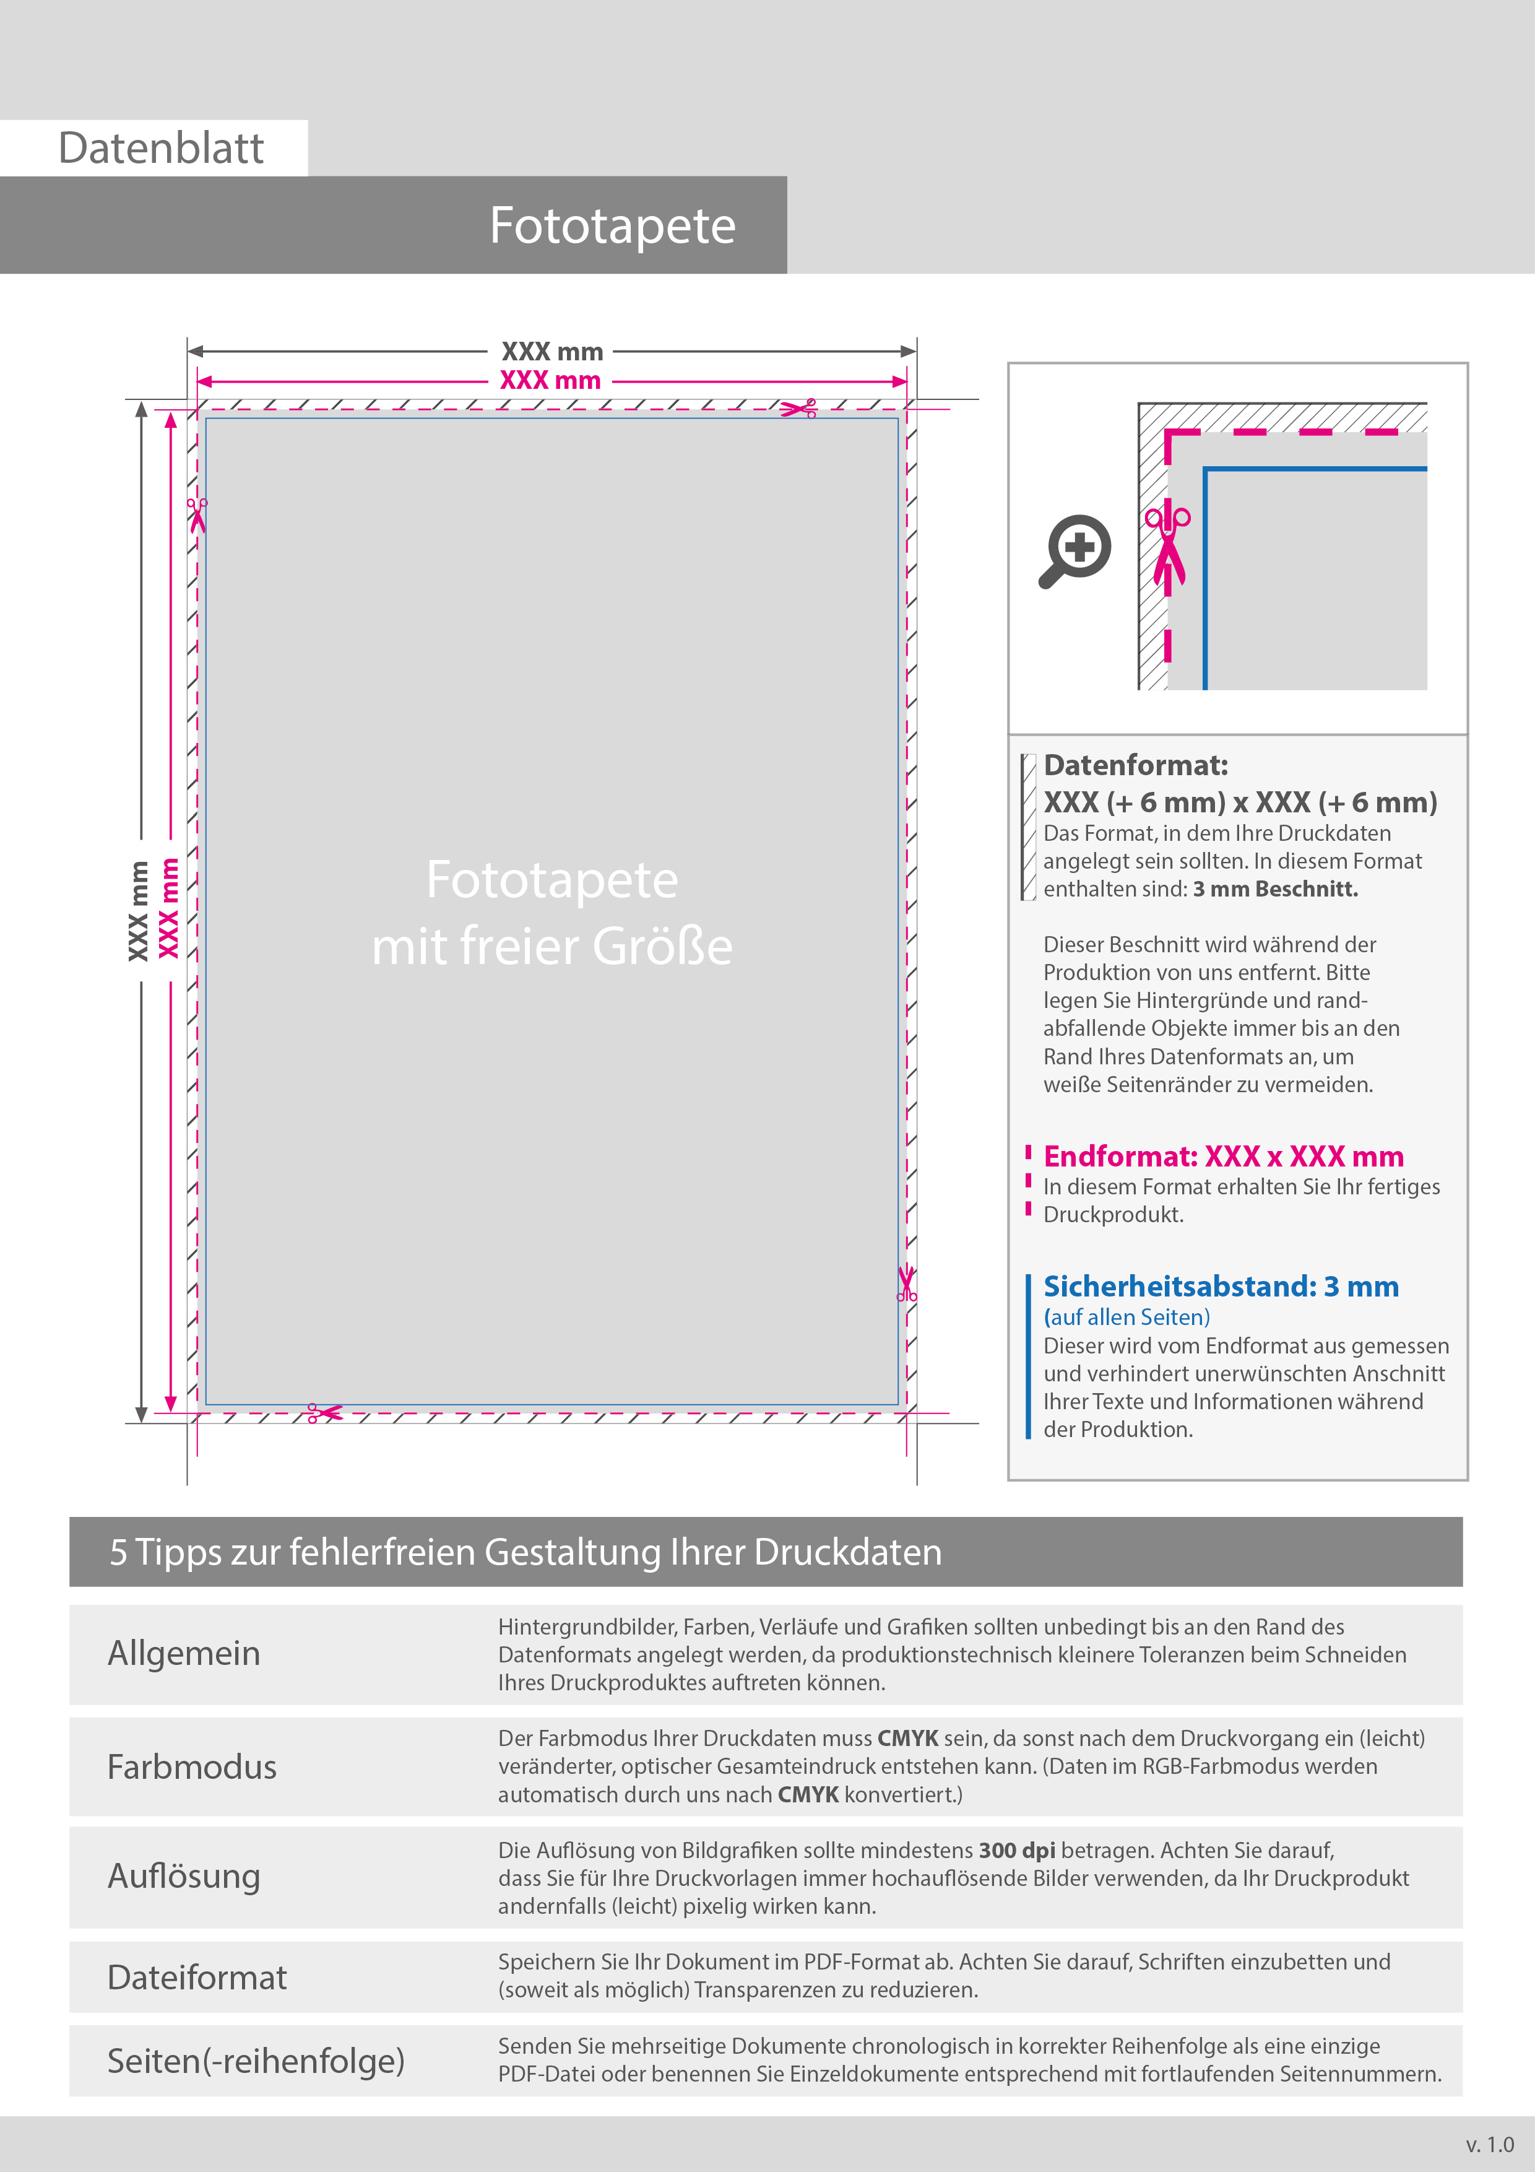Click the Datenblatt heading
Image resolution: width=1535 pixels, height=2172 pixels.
(161, 149)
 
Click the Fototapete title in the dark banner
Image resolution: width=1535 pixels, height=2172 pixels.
(612, 226)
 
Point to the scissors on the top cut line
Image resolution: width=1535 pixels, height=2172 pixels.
(799, 409)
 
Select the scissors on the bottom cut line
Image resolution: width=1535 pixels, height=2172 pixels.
(324, 1414)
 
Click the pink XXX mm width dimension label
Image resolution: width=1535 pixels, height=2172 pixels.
(550, 380)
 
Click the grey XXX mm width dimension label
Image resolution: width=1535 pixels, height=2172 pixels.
(552, 352)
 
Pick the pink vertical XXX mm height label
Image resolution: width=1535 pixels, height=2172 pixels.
(168, 908)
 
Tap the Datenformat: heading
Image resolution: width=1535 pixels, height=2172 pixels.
(1135, 765)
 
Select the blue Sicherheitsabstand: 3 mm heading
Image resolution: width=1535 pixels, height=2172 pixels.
(1220, 1287)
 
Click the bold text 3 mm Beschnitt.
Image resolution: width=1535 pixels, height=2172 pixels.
(1275, 889)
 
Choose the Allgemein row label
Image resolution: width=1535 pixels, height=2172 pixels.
(184, 1654)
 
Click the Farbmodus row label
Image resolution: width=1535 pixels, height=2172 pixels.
(192, 1767)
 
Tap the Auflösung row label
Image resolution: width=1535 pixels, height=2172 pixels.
(184, 1877)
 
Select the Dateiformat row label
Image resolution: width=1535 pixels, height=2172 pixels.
(197, 1978)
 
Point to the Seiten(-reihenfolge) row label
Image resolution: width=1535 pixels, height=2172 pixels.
(256, 2061)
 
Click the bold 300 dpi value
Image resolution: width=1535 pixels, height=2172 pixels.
(1017, 1851)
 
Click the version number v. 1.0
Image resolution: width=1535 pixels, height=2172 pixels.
(1490, 2145)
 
